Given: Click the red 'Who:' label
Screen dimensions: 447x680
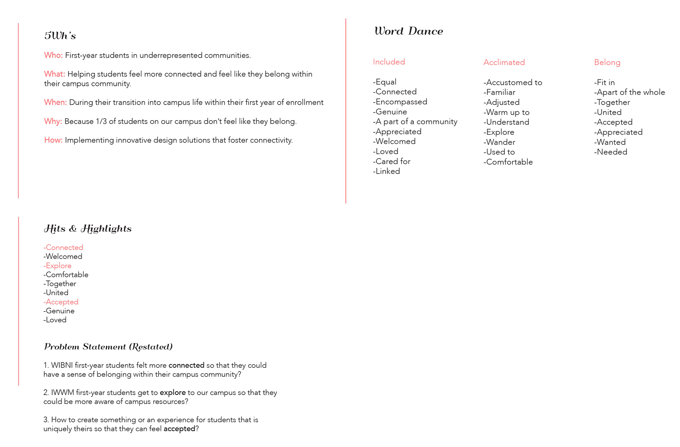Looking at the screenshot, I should (x=53, y=55).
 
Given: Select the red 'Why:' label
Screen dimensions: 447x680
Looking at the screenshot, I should (x=53, y=121).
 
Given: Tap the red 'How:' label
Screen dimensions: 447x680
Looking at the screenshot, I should (x=53, y=140).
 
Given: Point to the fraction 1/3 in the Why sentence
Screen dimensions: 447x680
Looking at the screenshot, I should (x=101, y=121).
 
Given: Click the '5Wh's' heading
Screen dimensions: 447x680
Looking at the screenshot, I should (x=60, y=35).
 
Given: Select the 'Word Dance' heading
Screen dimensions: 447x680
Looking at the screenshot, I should (x=408, y=31).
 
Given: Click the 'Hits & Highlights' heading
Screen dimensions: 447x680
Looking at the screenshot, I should (x=87, y=228).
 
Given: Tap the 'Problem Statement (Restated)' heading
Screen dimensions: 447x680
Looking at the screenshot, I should (x=108, y=347).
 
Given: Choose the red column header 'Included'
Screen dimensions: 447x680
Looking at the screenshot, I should (x=389, y=62).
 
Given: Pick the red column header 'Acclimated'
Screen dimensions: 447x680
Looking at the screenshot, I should (x=504, y=62).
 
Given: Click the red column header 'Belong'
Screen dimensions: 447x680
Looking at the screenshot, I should (x=607, y=63).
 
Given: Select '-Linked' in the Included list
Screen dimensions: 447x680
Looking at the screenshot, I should (x=386, y=171).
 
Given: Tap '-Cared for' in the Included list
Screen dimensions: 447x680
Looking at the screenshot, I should (x=391, y=161).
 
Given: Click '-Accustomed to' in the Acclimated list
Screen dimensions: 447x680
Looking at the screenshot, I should (x=512, y=82).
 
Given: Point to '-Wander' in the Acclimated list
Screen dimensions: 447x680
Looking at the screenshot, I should (x=499, y=142).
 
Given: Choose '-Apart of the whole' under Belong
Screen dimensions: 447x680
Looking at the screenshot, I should (x=629, y=92).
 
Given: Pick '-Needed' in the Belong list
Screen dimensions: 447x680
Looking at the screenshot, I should (x=611, y=152).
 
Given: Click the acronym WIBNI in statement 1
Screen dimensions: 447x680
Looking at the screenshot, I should (x=62, y=365).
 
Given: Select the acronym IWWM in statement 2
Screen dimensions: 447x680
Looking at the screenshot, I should (x=63, y=393).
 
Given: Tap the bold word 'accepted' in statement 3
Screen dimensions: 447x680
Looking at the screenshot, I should (x=179, y=429).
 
